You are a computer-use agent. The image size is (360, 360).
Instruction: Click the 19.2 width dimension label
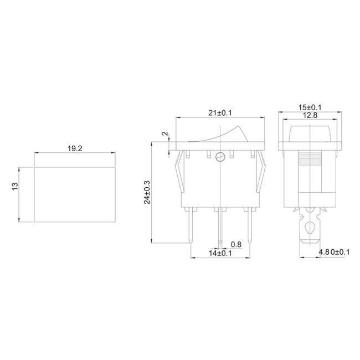point(75,149)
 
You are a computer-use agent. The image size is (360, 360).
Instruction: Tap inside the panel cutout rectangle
point(75,194)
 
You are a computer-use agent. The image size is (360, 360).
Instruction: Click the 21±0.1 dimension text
point(219,113)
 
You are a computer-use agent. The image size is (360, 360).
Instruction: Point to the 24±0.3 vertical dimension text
point(147,192)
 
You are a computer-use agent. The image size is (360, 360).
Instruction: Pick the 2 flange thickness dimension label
point(164,134)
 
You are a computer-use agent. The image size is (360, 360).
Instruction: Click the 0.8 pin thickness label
point(235,244)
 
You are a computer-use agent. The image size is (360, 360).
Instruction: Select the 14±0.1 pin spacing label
point(220,253)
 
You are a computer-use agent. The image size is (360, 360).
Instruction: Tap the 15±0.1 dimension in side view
point(311,107)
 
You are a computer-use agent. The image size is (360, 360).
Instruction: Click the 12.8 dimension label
point(310,115)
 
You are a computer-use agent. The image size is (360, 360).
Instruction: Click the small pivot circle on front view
point(220,157)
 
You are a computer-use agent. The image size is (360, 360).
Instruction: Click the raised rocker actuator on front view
point(227,135)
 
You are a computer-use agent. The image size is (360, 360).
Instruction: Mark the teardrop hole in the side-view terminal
point(310,227)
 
